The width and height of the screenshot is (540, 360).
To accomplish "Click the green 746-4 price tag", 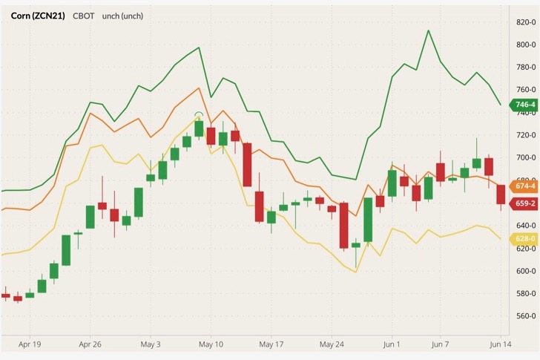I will tap(524, 105).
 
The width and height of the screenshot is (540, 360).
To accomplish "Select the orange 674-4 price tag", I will tap(524, 186).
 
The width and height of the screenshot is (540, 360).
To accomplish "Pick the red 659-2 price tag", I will tap(524, 203).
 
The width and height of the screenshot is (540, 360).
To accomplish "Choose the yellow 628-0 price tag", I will tap(524, 238).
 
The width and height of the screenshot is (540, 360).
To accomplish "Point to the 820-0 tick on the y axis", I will tap(526, 22).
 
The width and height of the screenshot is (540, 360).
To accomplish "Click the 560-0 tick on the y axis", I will tap(526, 315).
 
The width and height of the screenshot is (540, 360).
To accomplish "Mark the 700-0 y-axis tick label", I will tap(526, 158).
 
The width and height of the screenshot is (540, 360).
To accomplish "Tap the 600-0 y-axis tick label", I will tap(526, 271).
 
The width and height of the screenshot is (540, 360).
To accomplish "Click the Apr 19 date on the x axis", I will tap(30, 344).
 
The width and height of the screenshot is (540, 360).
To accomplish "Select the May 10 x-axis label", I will tap(211, 344).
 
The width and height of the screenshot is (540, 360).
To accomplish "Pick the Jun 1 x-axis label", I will tap(392, 344).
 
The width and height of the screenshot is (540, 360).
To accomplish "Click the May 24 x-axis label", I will tap(331, 344).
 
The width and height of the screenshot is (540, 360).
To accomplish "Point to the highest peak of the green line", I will tap(428, 30).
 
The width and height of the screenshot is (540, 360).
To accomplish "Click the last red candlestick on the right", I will tap(501, 194).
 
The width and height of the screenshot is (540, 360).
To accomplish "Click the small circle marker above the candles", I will tap(199, 115).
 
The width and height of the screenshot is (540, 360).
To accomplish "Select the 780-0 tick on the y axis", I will tap(526, 68).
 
